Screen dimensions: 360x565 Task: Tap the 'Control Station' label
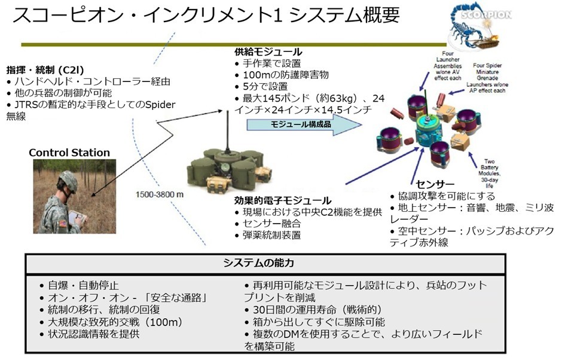tap(69, 152)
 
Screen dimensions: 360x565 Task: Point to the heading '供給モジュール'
tap(268, 52)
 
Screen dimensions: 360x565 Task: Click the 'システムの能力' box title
tap(267, 263)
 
